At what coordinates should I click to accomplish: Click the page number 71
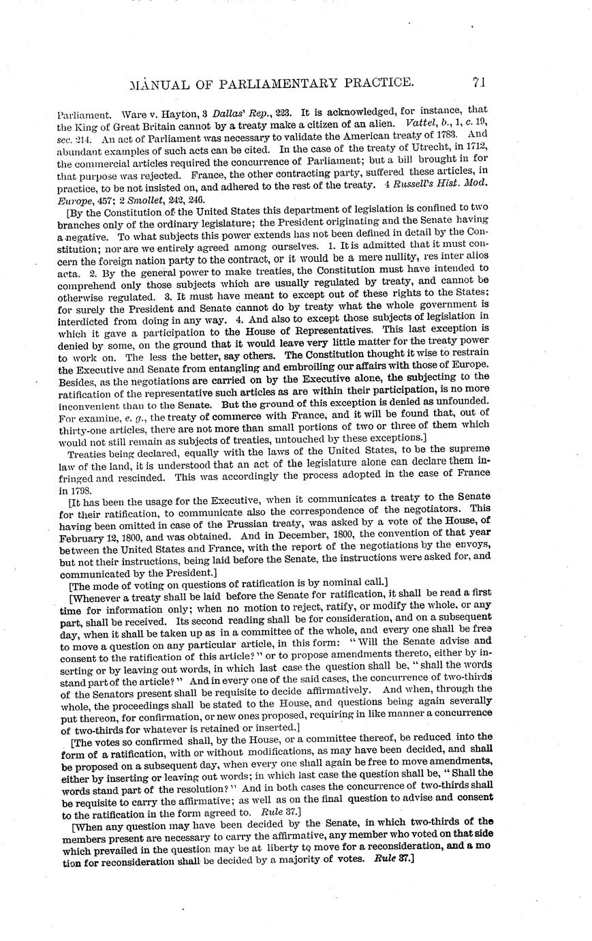[478, 83]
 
